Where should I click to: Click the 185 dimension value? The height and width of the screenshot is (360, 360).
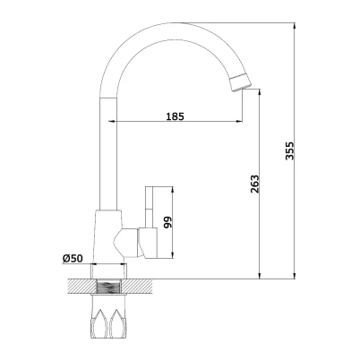175,116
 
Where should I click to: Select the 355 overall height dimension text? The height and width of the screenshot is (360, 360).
289,151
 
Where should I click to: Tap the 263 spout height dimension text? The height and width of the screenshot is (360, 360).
254,184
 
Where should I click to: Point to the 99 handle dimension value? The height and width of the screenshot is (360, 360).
168,222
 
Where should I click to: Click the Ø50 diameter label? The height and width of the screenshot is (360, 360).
73,259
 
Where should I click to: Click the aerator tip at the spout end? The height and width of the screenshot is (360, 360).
241,81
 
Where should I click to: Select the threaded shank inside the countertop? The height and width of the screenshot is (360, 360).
109,287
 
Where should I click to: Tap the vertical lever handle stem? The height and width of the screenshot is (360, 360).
149,207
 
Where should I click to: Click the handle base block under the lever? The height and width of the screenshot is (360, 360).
148,243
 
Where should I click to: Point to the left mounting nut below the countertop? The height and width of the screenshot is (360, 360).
100,325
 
